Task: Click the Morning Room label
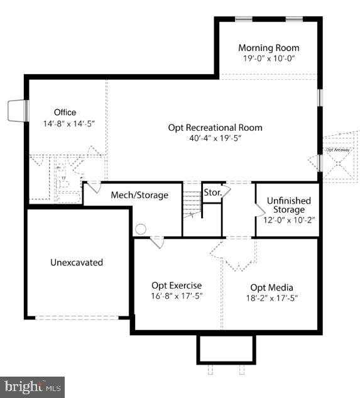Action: click(268, 48)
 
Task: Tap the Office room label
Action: click(65, 113)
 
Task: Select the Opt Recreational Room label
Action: click(215, 128)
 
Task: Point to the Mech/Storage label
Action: click(139, 195)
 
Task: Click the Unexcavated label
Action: click(77, 262)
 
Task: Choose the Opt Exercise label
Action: click(177, 285)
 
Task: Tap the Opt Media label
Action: click(271, 287)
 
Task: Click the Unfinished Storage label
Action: click(286, 205)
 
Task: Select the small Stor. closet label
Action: click(212, 192)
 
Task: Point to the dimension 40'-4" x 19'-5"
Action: click(215, 138)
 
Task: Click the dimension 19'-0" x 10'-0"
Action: click(268, 58)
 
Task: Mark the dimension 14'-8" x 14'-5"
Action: click(65, 124)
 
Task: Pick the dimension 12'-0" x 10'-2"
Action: click(286, 220)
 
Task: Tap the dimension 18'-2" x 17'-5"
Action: click(271, 298)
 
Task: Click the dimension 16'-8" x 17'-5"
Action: click(177, 296)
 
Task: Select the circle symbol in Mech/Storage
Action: click(141, 229)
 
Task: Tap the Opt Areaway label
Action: click(337, 150)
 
